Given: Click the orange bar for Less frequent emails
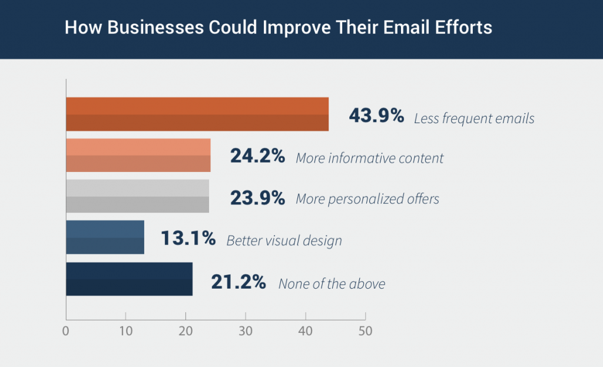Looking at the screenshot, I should [197, 114].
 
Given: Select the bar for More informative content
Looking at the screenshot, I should [138, 156].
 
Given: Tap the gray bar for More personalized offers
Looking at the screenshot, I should [138, 196].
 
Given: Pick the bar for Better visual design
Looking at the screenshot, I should [105, 237].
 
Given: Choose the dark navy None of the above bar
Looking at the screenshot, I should [130, 279].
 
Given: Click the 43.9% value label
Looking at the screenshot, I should [376, 116].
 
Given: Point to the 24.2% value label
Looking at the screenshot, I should [257, 157].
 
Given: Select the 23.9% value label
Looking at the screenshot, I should [257, 198].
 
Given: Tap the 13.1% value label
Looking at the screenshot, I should [188, 239].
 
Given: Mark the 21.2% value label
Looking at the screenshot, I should [238, 282].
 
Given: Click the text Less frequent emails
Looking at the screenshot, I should [474, 118].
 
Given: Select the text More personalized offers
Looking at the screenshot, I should [367, 199].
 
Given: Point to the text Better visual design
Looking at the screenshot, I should [284, 241].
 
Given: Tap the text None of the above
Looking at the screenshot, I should [332, 284].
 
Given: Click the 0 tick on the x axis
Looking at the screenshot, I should [66, 331].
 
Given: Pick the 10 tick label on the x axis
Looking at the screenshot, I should [125, 331].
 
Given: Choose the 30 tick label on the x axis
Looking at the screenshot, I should [246, 331].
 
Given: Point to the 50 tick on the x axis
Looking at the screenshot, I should [365, 331].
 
